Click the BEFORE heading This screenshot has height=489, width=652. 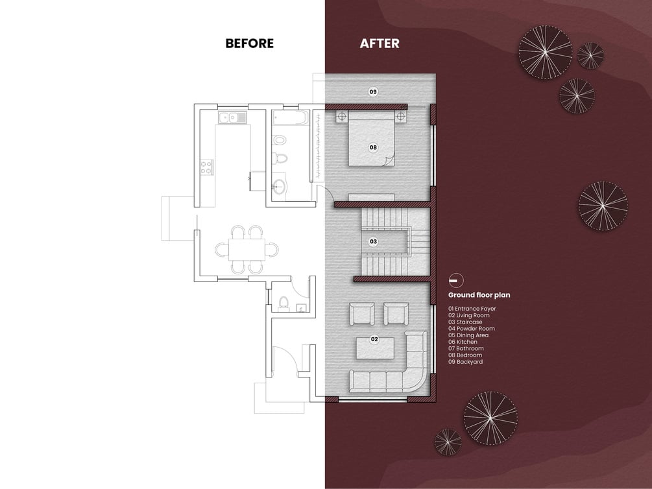250,43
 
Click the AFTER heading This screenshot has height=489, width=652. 380,43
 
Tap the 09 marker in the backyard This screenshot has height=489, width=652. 373,91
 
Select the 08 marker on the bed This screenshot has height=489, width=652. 373,147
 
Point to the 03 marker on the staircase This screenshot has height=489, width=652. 374,241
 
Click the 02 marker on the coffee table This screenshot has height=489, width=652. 374,339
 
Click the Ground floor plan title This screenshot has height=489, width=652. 479,295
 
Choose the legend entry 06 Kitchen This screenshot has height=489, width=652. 463,342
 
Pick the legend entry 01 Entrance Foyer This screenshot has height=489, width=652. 472,309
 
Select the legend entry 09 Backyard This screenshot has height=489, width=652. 465,362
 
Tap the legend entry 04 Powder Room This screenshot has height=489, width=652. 472,329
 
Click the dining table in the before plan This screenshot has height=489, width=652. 247,250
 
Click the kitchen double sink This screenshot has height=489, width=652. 233,117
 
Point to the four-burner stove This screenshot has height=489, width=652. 207,167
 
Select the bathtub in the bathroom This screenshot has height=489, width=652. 291,117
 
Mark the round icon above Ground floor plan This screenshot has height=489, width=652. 456,281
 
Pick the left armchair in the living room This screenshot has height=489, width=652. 362,313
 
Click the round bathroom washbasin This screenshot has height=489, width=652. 279,186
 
